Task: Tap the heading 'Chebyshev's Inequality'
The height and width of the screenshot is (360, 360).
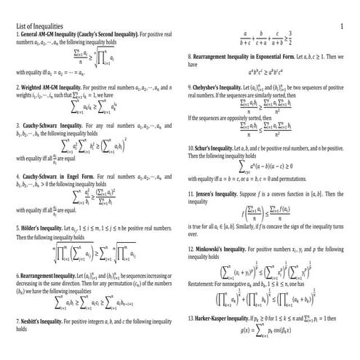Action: pyautogui.click(x=221, y=87)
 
